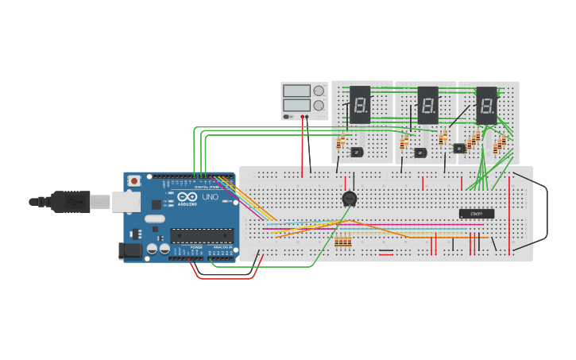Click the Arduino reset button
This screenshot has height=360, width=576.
[x=134, y=180]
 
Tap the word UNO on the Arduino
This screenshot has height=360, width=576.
[x=211, y=197]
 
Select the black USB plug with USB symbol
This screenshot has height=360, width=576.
[x=72, y=203]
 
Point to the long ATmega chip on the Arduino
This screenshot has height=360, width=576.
[x=202, y=235]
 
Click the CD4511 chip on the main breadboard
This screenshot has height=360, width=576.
[x=477, y=214]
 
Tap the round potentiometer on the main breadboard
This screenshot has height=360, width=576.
[x=349, y=199]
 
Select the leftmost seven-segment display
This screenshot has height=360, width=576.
[x=360, y=104]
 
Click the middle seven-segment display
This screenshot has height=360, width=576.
[x=427, y=104]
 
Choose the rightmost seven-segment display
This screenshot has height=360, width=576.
[x=486, y=104]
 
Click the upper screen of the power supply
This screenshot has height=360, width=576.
[x=296, y=91]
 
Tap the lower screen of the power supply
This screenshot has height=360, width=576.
[x=296, y=105]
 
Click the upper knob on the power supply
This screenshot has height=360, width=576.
[x=319, y=91]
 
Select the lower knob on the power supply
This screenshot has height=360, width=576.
[x=319, y=105]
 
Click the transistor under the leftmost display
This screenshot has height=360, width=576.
[x=357, y=151]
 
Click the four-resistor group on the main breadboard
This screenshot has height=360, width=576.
[x=343, y=242]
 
